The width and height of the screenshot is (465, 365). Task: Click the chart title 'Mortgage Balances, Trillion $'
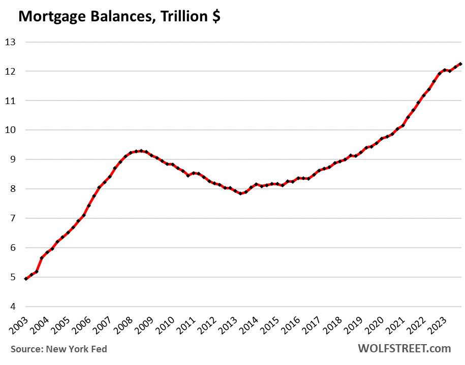119,17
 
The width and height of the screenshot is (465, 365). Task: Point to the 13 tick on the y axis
11,42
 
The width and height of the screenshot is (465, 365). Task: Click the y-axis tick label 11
11,101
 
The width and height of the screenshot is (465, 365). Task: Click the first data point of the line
26,279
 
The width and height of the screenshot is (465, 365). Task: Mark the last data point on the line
460,64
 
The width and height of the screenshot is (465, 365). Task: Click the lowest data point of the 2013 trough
240,193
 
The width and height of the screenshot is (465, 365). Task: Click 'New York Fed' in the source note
76,349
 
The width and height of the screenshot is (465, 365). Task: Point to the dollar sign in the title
215,17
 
